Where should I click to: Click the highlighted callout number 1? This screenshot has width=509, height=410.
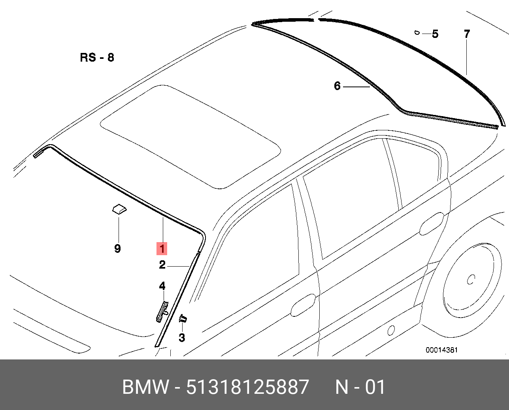(162, 249)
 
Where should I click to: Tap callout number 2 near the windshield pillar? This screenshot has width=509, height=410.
(162, 265)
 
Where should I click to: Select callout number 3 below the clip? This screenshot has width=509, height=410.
(182, 338)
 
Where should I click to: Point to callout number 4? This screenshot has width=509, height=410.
(162, 286)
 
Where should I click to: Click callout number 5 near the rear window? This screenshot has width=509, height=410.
(435, 34)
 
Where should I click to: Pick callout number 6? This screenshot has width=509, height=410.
(337, 86)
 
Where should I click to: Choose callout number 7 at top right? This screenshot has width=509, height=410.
(467, 34)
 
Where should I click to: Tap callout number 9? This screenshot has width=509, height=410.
(117, 248)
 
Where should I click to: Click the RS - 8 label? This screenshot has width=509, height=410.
(97, 57)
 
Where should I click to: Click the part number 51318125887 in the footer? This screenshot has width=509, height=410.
(247, 387)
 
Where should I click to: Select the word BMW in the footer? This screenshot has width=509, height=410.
(145, 387)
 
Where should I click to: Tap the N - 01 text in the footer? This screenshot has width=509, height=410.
(360, 387)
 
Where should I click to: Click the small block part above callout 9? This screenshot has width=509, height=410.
(119, 209)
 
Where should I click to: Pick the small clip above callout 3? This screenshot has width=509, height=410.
(183, 319)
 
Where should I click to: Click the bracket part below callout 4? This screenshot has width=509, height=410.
(162, 311)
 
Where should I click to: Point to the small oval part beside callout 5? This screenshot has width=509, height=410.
(417, 33)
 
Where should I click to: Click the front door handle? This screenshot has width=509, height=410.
(303, 305)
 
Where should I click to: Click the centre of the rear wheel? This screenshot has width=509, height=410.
(471, 280)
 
